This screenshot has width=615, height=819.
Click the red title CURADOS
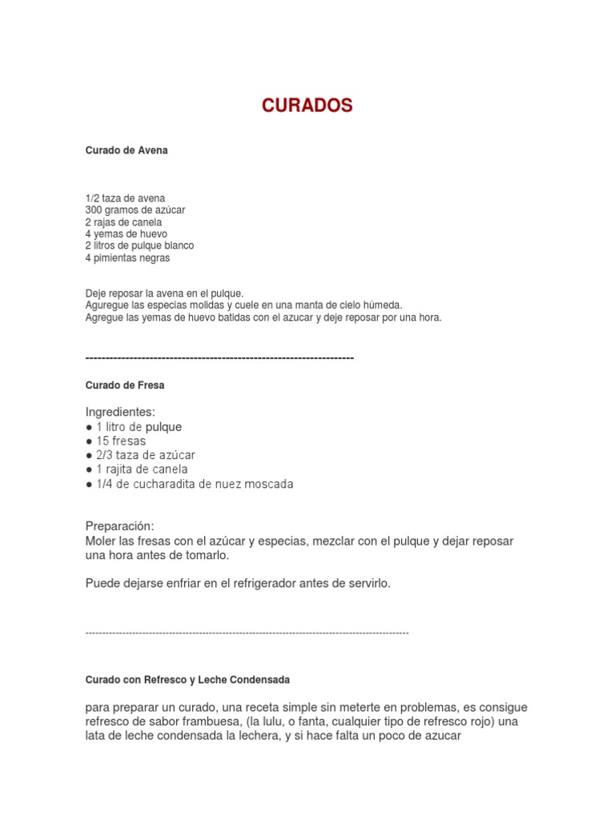(x=307, y=106)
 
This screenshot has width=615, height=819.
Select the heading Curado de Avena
(x=127, y=150)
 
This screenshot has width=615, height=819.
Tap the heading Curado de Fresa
(x=125, y=386)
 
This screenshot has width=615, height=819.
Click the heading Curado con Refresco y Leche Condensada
(x=187, y=680)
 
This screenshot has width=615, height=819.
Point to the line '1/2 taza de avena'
(x=124, y=198)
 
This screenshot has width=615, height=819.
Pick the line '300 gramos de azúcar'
(x=135, y=210)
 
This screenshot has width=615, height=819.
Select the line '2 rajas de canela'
(x=123, y=222)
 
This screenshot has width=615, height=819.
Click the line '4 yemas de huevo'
(x=126, y=234)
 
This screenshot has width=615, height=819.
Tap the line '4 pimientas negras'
(x=127, y=258)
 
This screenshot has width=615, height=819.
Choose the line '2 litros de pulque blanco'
(x=139, y=246)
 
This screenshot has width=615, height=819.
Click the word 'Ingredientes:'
(x=120, y=412)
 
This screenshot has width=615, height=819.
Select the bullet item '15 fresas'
(x=120, y=441)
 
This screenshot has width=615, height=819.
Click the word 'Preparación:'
(x=119, y=526)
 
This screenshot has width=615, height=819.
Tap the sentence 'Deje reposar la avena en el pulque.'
(x=164, y=294)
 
